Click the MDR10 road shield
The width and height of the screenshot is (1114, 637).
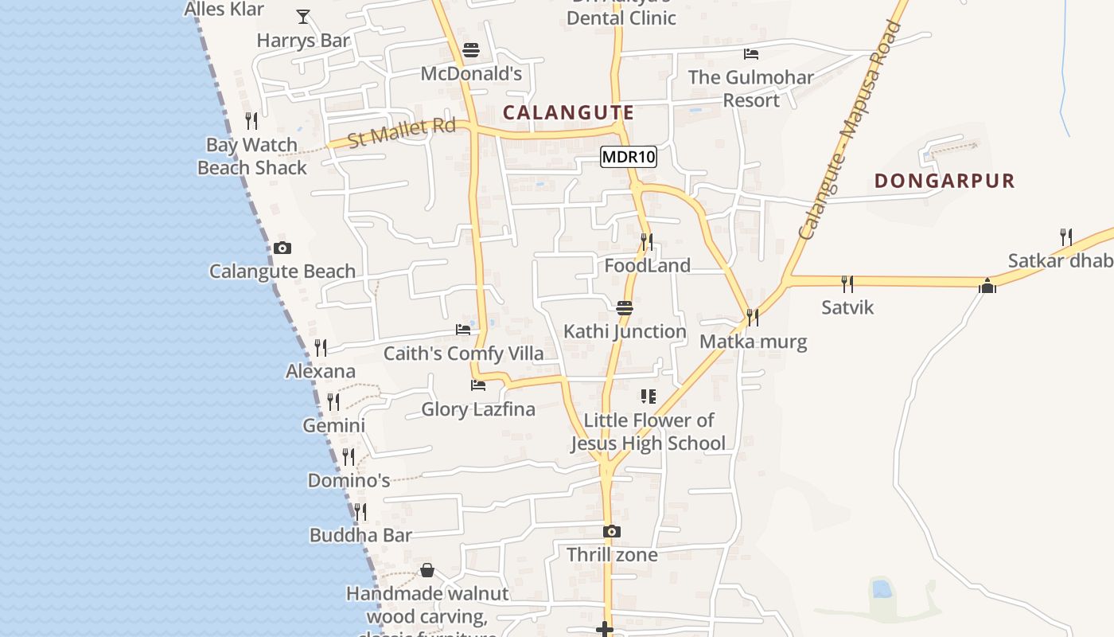click(x=628, y=157)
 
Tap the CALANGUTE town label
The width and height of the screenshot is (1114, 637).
click(x=568, y=112)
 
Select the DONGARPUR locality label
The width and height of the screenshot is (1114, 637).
click(x=945, y=181)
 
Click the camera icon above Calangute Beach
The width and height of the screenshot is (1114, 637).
click(x=282, y=248)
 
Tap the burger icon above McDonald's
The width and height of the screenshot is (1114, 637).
click(x=470, y=50)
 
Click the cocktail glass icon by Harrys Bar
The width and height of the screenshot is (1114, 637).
click(x=302, y=16)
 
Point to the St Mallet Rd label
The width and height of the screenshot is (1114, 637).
click(x=402, y=132)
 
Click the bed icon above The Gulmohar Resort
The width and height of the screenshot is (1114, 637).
click(x=750, y=54)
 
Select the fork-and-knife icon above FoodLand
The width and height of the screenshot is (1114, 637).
click(x=646, y=240)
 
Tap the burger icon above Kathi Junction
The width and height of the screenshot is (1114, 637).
click(x=624, y=308)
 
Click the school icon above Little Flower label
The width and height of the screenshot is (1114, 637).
click(x=648, y=397)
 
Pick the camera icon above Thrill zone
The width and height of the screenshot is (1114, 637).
click(x=611, y=531)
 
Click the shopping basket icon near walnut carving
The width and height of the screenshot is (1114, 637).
click(x=427, y=570)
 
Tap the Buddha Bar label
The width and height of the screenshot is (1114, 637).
click(x=360, y=535)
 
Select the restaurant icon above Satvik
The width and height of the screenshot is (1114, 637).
click(x=847, y=283)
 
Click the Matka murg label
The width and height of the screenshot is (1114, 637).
click(x=753, y=342)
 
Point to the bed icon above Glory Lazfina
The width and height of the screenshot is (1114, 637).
click(x=477, y=385)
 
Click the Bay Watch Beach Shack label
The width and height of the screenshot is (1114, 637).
click(x=251, y=156)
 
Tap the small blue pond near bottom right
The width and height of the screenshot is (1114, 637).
click(x=881, y=589)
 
